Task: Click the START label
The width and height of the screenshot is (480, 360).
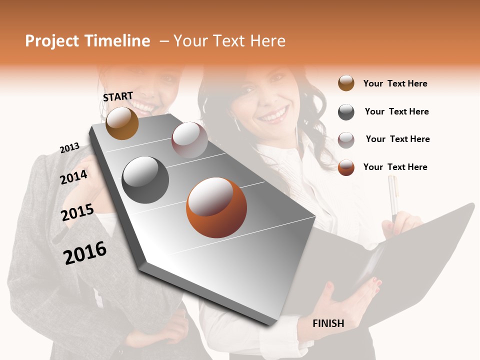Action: click(x=118, y=96)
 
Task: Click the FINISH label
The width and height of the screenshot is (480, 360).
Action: click(x=328, y=323)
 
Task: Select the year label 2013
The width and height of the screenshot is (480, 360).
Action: click(x=69, y=148)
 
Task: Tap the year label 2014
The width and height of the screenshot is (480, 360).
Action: click(x=73, y=177)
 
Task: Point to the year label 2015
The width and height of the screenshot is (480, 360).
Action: click(x=77, y=212)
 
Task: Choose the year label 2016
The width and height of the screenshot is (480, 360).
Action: click(x=85, y=253)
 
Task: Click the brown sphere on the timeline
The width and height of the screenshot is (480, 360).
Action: click(x=122, y=123)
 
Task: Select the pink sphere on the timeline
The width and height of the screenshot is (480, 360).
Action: click(x=189, y=140)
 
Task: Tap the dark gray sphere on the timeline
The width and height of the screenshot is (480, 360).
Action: click(x=145, y=180)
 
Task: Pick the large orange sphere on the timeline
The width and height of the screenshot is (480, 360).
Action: click(x=216, y=207)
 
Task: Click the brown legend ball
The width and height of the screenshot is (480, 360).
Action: click(x=346, y=83)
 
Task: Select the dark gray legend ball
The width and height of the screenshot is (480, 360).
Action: click(x=346, y=112)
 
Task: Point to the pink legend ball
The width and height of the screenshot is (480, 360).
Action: click(x=346, y=140)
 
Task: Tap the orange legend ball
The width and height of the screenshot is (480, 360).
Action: click(x=346, y=168)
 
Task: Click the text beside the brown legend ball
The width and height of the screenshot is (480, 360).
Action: click(x=395, y=83)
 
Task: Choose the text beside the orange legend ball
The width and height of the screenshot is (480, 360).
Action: click(x=395, y=167)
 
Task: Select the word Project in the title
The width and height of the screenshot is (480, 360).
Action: click(x=52, y=41)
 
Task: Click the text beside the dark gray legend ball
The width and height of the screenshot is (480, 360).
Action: click(x=396, y=111)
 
